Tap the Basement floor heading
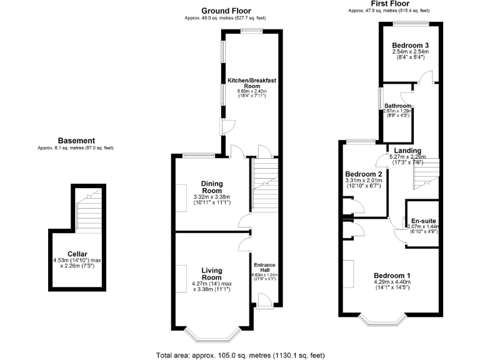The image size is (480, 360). [x=76, y=141]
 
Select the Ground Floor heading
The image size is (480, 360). [x=226, y=11]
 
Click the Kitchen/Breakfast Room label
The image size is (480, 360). [x=251, y=84]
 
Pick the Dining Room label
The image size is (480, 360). [x=211, y=187]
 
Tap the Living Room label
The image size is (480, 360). [x=211, y=274]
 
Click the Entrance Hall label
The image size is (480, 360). [x=264, y=267]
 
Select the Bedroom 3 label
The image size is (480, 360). [x=410, y=46]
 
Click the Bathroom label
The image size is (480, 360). [x=397, y=106]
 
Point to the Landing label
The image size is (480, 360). [x=406, y=151]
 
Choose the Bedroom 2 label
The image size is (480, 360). [x=363, y=174]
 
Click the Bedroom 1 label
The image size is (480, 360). [x=392, y=276]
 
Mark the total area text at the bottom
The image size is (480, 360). [x=240, y=355]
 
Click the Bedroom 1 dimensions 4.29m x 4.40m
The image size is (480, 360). [x=392, y=282]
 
